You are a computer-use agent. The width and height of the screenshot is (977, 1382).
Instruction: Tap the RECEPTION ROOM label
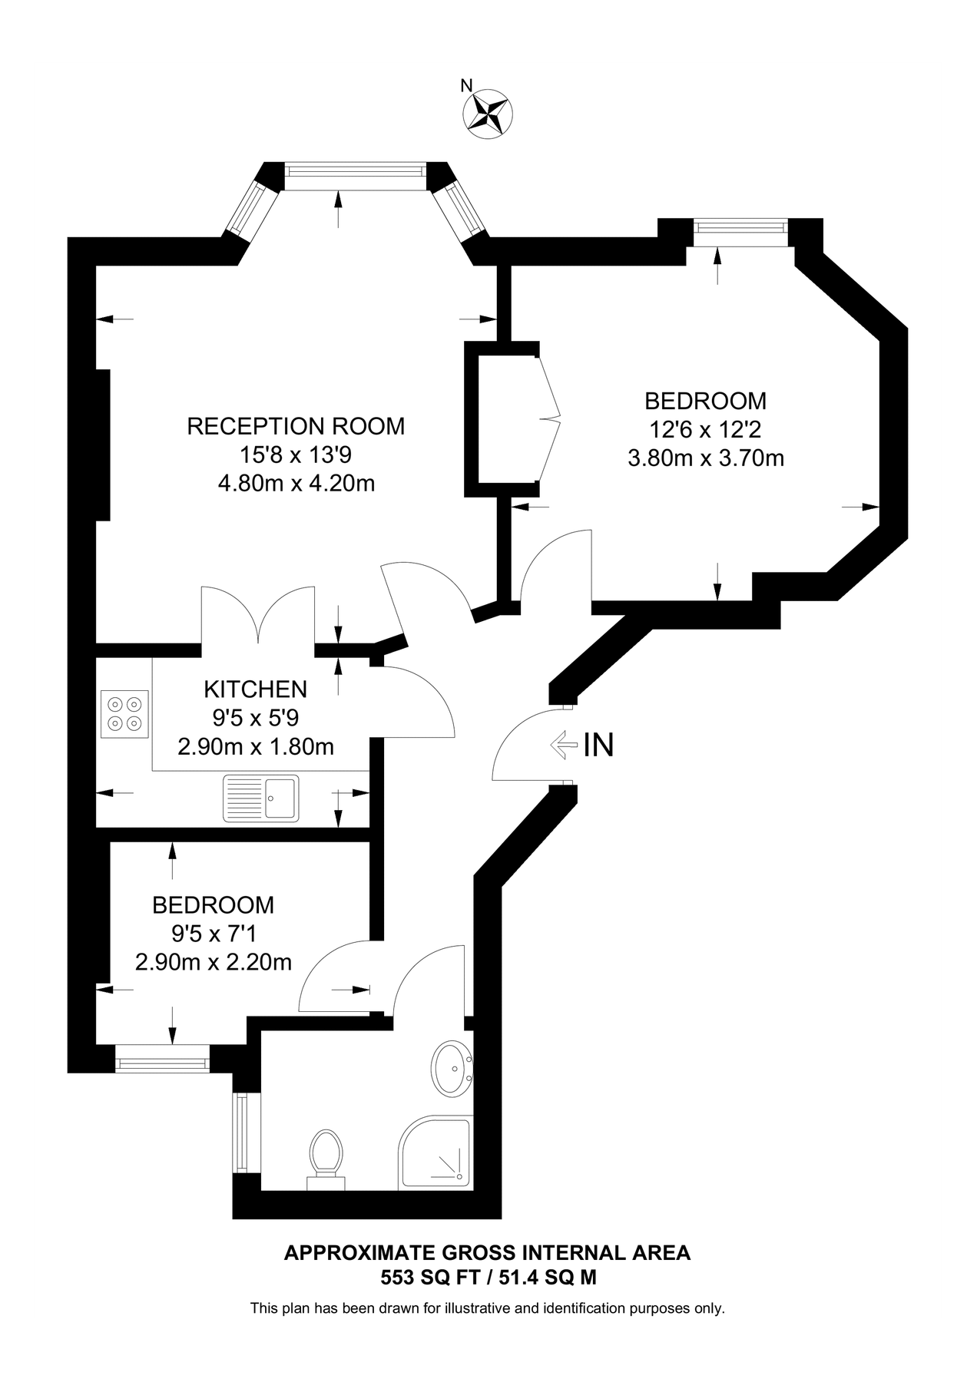(296, 426)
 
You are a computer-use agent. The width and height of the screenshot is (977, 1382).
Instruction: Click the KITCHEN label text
(255, 689)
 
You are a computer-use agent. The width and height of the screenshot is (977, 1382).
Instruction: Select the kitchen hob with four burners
(124, 713)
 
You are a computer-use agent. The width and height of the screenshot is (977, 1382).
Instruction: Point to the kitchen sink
(260, 798)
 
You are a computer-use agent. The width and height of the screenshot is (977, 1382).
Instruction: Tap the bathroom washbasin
(452, 1068)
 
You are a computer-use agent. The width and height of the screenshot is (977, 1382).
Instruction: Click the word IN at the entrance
(598, 745)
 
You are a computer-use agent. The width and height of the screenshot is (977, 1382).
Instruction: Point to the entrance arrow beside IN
(564, 744)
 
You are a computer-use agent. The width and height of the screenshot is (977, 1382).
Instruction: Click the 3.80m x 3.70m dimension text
(705, 459)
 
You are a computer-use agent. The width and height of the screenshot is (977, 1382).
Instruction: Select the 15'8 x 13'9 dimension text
(296, 455)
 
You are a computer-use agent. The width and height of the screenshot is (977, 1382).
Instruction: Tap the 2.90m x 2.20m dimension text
(213, 962)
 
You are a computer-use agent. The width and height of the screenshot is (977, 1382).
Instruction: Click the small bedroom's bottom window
(162, 1063)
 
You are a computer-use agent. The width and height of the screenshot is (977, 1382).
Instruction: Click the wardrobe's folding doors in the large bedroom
(550, 419)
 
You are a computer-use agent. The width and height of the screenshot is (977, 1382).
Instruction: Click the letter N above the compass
(465, 86)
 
